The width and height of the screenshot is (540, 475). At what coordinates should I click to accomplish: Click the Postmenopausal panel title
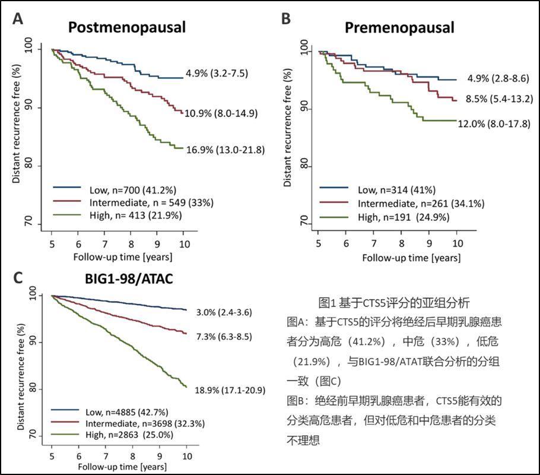point(126,27)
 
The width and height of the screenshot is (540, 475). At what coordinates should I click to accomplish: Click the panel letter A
point(18,20)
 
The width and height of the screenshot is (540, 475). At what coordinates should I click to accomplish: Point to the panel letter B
point(285,20)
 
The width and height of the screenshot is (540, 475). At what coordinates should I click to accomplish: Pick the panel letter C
point(18,279)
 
